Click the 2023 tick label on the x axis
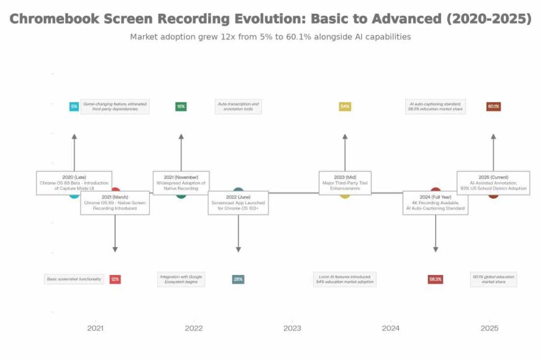[x=292, y=328]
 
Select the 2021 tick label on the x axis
[x=95, y=328]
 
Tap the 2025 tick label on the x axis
[x=489, y=328]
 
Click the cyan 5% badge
[x=74, y=107]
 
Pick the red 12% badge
[x=115, y=279]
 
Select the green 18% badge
[x=181, y=107]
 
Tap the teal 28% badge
[x=238, y=279]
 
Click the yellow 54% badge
[x=345, y=107]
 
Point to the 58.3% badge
[x=435, y=279]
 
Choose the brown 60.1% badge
[x=493, y=107]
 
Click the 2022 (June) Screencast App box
[x=238, y=203]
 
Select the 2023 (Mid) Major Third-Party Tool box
[x=345, y=183]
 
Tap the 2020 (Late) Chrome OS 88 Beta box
[x=74, y=183]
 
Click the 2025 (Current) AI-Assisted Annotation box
[x=493, y=183]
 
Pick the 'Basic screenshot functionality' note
[x=74, y=279]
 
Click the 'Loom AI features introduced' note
[x=345, y=279]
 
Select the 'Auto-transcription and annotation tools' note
[x=238, y=107]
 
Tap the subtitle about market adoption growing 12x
[x=270, y=37]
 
